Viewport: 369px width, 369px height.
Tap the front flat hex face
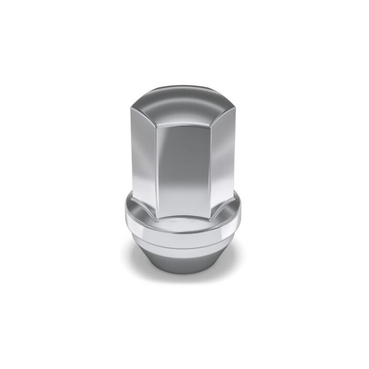[x=184, y=163]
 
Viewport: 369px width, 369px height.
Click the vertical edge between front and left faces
[x=157, y=163]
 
